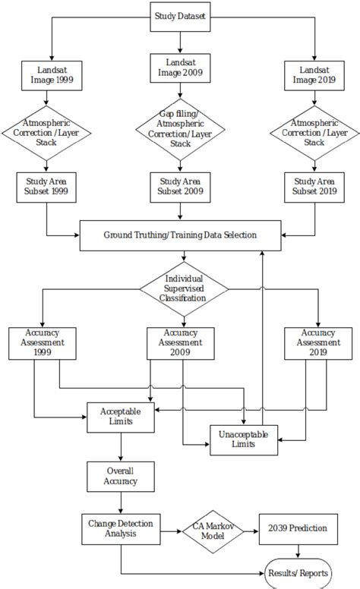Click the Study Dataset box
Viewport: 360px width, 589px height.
point(179,16)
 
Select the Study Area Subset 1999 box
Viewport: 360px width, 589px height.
point(47,187)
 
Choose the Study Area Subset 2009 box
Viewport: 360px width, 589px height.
point(180,187)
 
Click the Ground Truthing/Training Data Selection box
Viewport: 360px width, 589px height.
point(180,235)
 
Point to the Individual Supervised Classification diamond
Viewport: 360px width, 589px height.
point(185,288)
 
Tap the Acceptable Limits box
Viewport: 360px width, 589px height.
point(121,415)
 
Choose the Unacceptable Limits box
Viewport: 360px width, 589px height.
point(243,438)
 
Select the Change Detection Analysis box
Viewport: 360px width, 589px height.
point(120,528)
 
